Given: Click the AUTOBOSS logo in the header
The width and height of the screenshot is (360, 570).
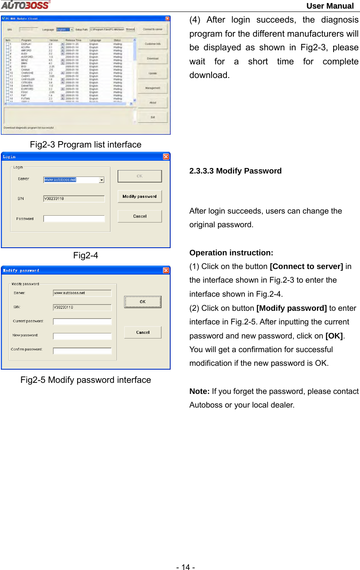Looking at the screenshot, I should coord(25,5).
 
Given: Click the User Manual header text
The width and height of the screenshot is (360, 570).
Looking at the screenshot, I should coord(330,6).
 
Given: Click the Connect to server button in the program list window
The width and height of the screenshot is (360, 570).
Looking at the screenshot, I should coord(152,29).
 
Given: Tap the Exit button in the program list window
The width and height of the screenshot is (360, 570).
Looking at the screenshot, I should coord(152,117).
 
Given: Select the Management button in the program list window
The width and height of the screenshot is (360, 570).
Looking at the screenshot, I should coord(152,88).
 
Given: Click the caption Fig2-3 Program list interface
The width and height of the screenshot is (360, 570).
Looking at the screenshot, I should coord(85,145).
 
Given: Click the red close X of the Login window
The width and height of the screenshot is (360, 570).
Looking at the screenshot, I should coord(165,156).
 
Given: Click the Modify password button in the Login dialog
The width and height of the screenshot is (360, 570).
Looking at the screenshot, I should coord(139,197).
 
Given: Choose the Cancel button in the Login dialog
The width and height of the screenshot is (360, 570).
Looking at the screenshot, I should coord(139,216).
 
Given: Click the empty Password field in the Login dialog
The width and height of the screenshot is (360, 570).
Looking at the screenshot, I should coord(74,219).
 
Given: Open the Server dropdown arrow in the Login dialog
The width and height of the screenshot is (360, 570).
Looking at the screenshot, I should coord(102,180).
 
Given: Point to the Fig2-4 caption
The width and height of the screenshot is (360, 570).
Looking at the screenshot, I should coord(85,255).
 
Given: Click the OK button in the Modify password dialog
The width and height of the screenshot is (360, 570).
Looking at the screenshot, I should coord(142,302).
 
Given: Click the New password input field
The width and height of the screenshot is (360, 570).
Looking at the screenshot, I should coord(82,336).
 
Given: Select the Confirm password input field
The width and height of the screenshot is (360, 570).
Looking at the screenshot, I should coord(82,351).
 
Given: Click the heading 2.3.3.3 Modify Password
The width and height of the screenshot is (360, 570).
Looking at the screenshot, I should coord(235,171).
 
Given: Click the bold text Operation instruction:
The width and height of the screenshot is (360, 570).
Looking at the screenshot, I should coord(231,253).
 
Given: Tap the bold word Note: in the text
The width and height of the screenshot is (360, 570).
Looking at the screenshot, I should coord(199,391).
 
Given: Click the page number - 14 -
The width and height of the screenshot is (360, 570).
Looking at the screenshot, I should coord(186,567).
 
